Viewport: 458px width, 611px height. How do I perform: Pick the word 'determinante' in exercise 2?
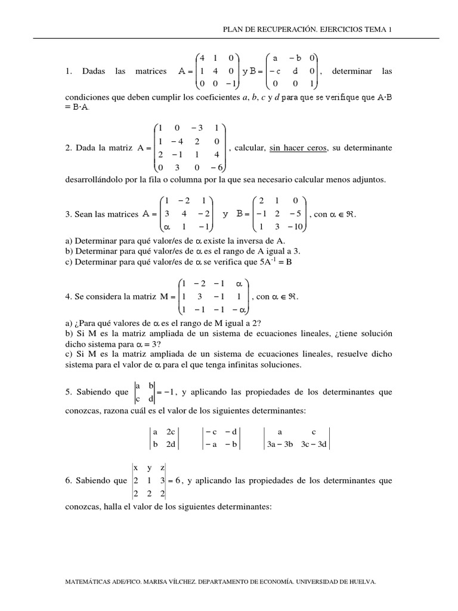[x=367, y=148]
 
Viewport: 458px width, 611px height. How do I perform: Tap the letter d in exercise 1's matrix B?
[x=295, y=71]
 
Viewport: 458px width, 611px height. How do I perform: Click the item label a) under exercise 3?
[x=67, y=240]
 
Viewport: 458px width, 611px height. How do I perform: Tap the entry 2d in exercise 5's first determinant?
[x=172, y=444]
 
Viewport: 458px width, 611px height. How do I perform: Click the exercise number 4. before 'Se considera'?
[x=68, y=296]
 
